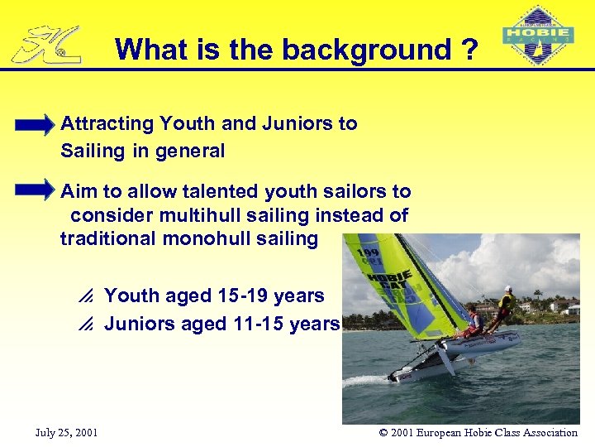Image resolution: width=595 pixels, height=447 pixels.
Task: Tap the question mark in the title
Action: [469, 50]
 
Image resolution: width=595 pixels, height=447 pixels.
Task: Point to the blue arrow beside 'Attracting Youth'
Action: [34, 127]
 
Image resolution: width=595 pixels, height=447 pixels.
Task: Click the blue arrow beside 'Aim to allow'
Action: [34, 191]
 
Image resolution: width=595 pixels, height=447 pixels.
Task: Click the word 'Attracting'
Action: [107, 124]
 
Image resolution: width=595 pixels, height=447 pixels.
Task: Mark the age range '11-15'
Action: [258, 324]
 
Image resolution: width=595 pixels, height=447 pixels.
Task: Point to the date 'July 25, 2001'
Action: [67, 432]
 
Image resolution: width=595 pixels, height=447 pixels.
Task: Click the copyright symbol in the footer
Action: [383, 432]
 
